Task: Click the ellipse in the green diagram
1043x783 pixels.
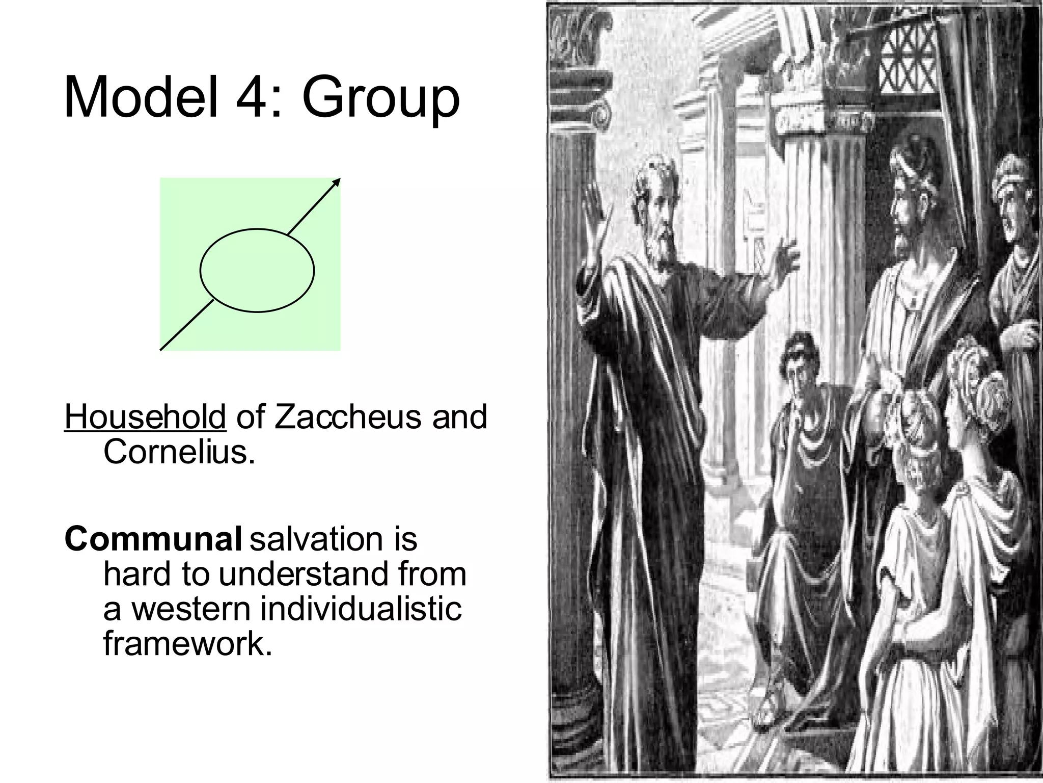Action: [257, 270]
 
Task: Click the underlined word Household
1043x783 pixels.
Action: [145, 416]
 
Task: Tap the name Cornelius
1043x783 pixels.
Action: [178, 452]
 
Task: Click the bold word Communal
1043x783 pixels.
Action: [153, 539]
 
